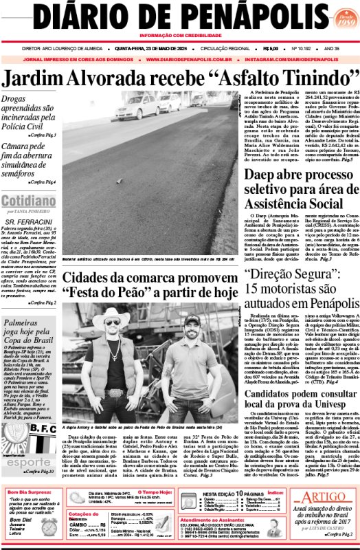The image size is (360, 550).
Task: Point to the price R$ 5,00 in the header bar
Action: (271, 49)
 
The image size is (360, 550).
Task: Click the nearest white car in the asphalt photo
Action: (137, 107)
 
